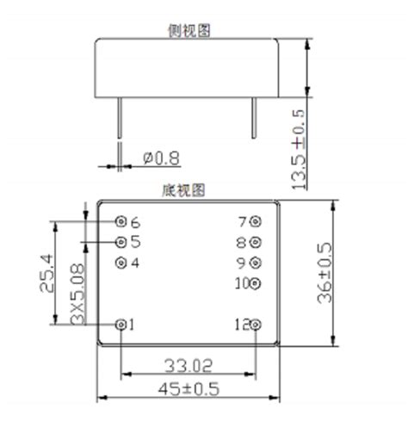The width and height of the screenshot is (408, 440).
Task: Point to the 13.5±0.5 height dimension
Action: pos(300,148)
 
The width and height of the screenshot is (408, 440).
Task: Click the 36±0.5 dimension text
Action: pos(326,273)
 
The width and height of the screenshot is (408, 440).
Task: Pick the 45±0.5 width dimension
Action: pos(189,389)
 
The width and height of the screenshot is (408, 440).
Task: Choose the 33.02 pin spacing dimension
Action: pos(188,364)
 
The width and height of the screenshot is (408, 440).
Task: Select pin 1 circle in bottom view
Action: pos(121,325)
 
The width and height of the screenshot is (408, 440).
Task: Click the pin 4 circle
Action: pos(121,262)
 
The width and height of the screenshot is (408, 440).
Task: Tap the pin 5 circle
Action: pos(121,241)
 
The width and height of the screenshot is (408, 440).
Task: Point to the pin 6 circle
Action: pos(121,221)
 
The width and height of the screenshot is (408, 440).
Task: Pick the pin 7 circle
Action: pos(254,221)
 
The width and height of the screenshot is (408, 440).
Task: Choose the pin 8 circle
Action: pos(254,242)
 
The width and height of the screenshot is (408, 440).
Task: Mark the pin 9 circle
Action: pos(254,262)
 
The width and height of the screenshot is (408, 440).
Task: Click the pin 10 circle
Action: pos(254,282)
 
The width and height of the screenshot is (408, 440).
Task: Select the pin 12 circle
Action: pos(254,325)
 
